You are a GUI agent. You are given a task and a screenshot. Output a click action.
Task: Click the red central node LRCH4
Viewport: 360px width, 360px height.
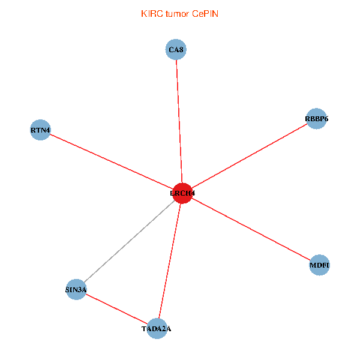(182, 193)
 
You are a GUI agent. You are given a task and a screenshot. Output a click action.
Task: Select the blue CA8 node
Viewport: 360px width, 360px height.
(176, 50)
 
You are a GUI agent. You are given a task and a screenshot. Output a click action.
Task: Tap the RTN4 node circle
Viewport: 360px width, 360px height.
(40, 130)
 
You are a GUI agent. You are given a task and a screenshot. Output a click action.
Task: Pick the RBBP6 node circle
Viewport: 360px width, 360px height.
(316, 119)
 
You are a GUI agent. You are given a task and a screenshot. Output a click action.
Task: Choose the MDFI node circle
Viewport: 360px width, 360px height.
(320, 265)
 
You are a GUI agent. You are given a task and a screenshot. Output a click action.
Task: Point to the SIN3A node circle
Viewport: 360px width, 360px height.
(76, 290)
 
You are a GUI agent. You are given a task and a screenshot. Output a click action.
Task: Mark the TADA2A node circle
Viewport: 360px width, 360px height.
(157, 328)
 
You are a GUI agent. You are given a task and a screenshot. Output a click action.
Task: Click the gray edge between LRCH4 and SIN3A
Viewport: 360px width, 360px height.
(129, 242)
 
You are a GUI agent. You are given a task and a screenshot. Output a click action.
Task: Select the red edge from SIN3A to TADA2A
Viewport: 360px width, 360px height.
(117, 309)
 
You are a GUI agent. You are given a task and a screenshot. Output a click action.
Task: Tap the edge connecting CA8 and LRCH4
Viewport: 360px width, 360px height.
(179, 120)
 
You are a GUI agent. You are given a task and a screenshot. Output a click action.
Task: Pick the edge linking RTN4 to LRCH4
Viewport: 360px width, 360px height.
(111, 161)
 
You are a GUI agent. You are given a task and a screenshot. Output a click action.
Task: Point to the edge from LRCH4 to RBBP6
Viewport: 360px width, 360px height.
(249, 156)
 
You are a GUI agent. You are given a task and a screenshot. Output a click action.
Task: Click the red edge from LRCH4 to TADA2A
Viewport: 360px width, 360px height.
(170, 260)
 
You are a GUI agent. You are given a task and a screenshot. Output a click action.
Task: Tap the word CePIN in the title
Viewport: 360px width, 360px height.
(205, 13)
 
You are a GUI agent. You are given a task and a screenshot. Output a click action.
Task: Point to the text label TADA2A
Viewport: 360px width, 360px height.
(157, 329)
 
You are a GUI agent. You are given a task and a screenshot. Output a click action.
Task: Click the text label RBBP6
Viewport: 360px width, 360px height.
(316, 119)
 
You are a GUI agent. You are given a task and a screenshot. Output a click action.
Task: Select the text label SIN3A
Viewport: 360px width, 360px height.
(76, 290)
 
